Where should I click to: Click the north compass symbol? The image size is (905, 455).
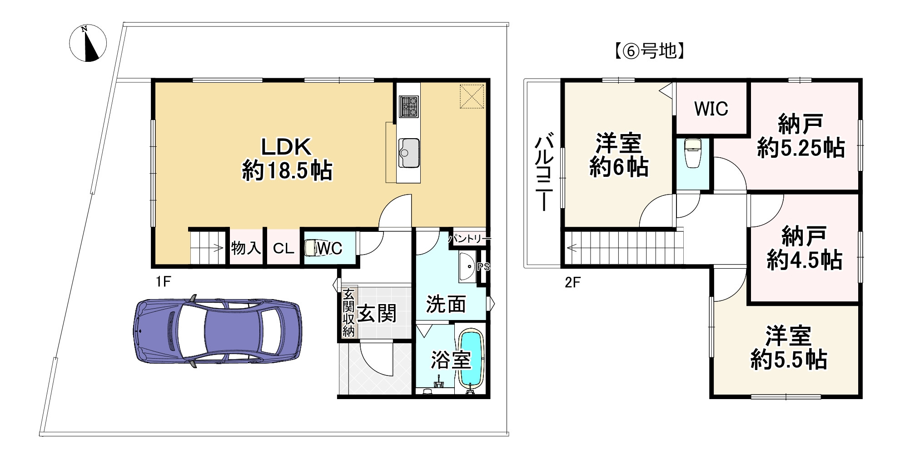click(x=88, y=43)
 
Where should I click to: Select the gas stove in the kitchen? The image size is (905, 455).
click(x=408, y=107)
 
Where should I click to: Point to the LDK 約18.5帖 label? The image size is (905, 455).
click(x=287, y=159)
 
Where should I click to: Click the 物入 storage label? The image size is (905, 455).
click(x=246, y=248)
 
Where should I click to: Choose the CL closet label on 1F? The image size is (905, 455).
click(x=283, y=249)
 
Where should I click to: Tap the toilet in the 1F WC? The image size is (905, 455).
click(x=311, y=248)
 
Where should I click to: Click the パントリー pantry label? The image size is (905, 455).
click(x=469, y=238)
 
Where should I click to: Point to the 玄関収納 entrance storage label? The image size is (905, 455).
click(x=348, y=312)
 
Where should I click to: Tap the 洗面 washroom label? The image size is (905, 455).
click(x=446, y=304)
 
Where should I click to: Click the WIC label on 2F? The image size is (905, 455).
click(x=711, y=109)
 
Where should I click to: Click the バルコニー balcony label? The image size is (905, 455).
click(x=544, y=172)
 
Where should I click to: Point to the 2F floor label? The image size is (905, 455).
click(x=572, y=283)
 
